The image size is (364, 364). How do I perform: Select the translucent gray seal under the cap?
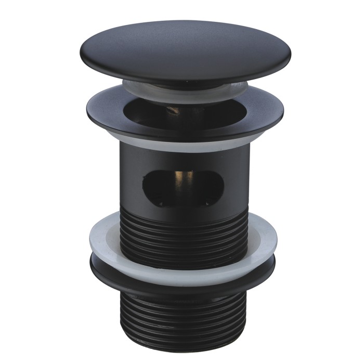click(143, 88)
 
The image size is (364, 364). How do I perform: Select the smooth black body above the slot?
click(182, 161)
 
